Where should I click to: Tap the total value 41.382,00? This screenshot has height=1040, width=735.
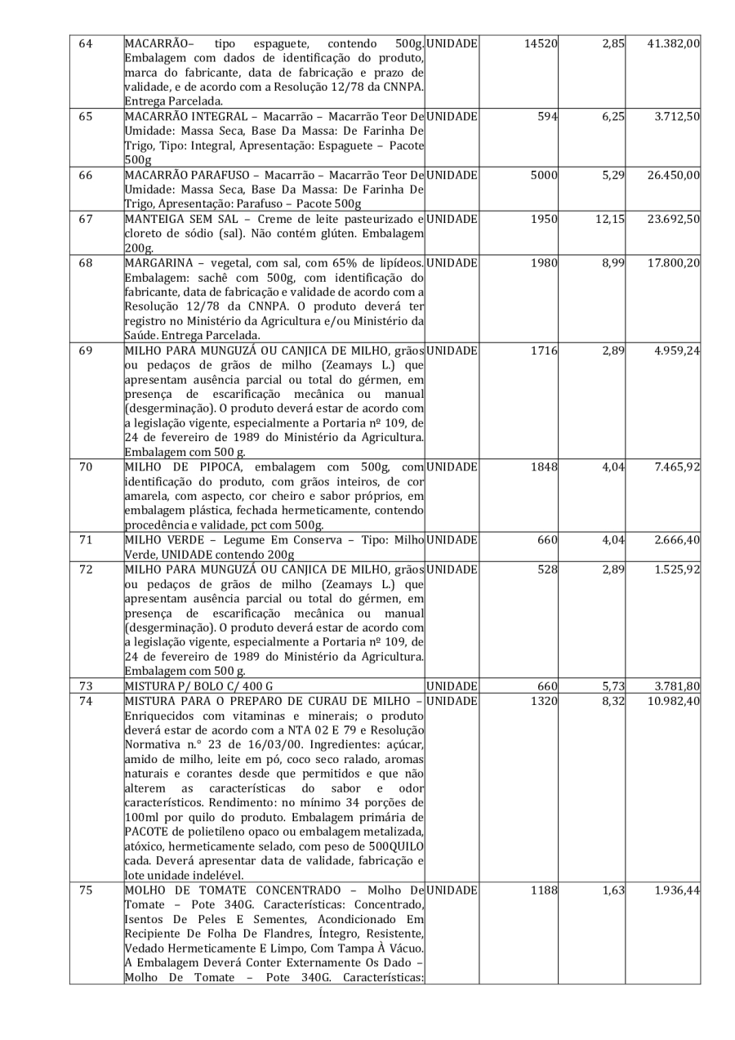pyautogui.click(x=675, y=42)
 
